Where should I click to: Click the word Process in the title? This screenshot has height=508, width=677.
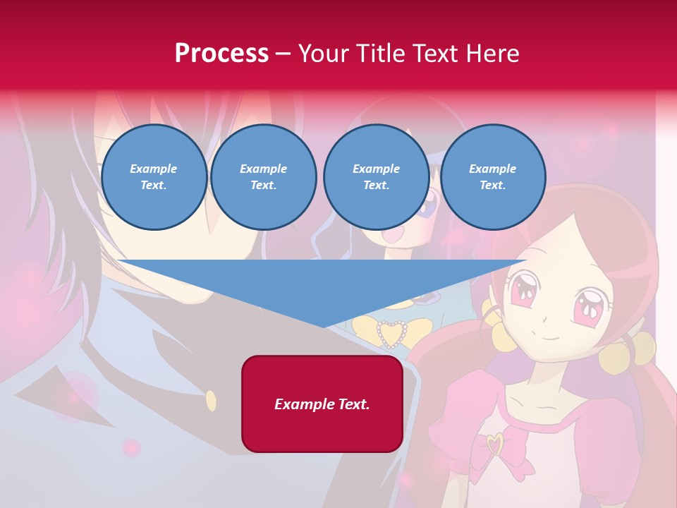(x=221, y=54)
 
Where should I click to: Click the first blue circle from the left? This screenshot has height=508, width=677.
(x=154, y=177)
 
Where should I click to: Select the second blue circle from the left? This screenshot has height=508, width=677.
(x=264, y=177)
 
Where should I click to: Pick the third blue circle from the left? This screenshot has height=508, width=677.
(x=376, y=177)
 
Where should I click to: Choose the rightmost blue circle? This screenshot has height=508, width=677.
(x=492, y=177)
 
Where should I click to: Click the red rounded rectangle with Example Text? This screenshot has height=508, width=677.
(x=322, y=404)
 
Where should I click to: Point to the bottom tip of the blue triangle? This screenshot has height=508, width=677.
(x=324, y=326)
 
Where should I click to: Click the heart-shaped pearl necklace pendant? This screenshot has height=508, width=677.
(x=391, y=334)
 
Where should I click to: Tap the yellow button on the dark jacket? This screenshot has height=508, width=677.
(x=211, y=401)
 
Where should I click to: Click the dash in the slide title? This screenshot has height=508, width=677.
(x=283, y=54)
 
